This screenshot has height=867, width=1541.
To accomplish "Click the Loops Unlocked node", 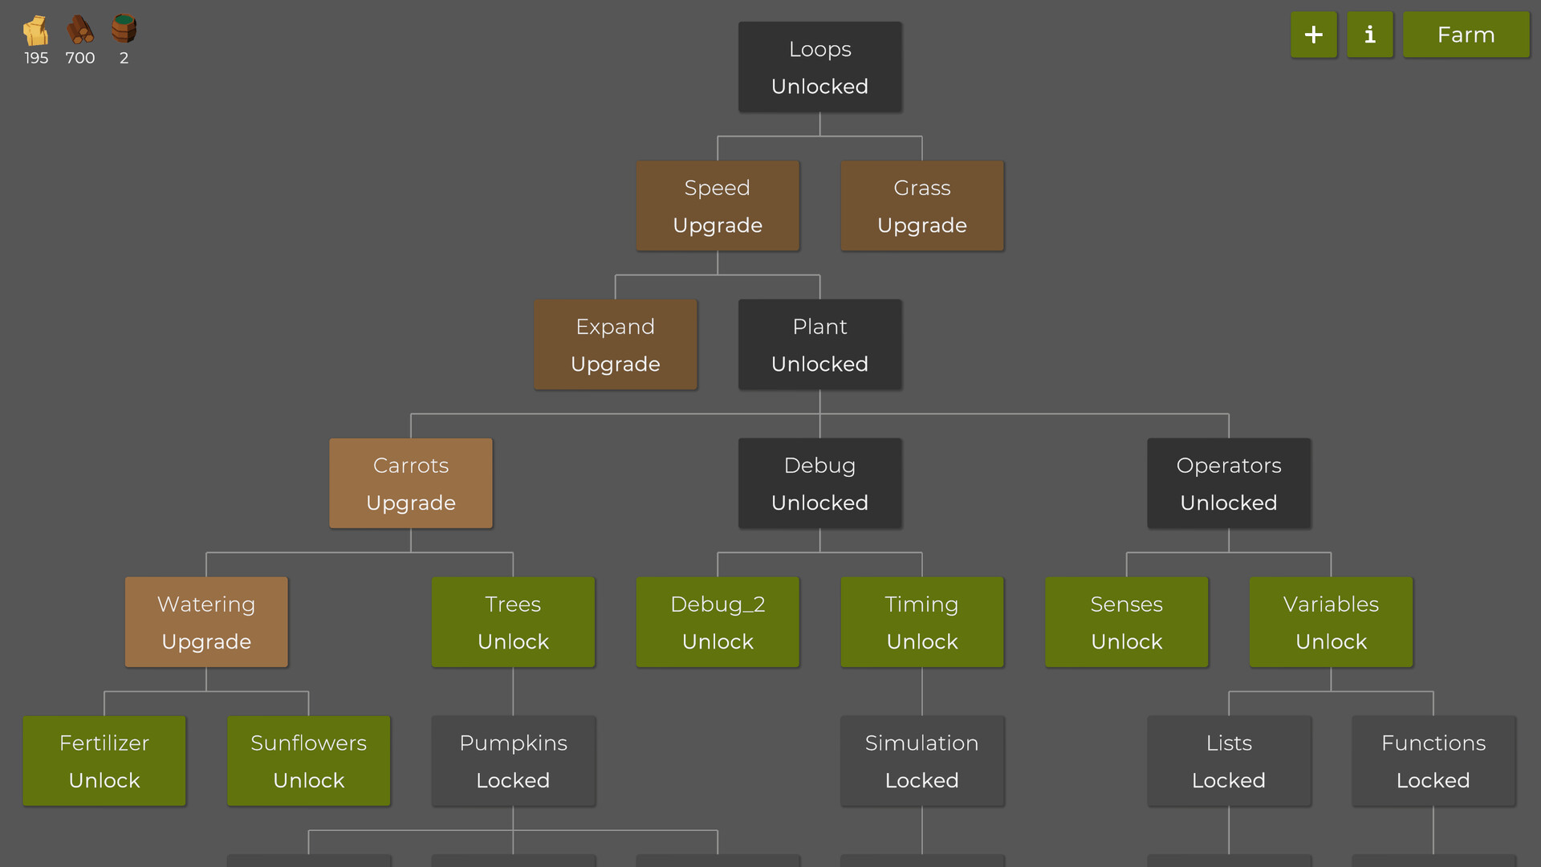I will (819, 67).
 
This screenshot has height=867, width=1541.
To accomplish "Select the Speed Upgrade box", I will (718, 206).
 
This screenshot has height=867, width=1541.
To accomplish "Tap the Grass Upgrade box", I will (921, 206).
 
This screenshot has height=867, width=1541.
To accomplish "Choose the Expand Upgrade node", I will (616, 345).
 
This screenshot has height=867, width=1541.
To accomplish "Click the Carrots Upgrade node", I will (411, 483).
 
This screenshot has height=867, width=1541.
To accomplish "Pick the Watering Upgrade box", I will (206, 622).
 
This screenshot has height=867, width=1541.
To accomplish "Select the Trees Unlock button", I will (513, 622).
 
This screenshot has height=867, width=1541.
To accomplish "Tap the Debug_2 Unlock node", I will (718, 622).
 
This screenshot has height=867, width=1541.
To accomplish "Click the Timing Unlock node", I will (921, 622).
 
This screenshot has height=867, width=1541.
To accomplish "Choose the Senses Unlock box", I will (1126, 622).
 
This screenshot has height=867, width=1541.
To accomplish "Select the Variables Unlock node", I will (1331, 622).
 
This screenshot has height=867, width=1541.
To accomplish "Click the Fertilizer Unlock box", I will (104, 761).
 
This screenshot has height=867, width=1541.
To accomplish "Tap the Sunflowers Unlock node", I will (309, 761).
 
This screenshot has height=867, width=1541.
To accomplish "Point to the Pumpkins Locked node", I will (513, 761).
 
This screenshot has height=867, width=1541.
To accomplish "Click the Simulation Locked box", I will (921, 761).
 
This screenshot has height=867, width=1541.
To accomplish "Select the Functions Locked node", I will (1433, 761).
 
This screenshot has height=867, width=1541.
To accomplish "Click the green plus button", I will (1313, 35).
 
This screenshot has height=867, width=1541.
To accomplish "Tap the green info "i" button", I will (1369, 35).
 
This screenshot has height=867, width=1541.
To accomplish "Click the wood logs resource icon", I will (79, 31).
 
